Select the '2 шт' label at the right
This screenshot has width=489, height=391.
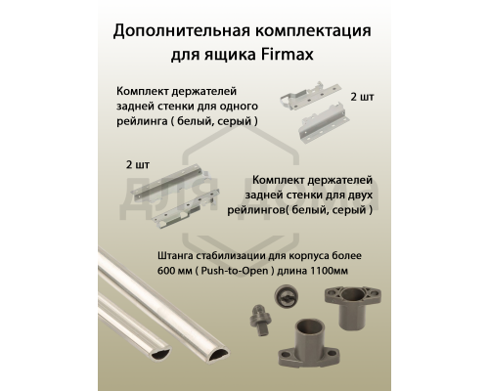[363, 100]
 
